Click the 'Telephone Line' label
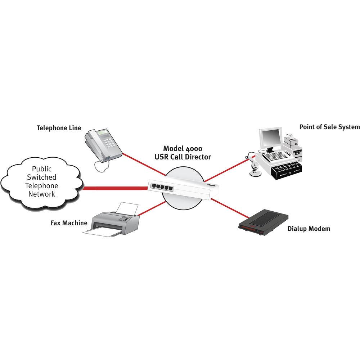coord(59,128)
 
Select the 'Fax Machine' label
coord(69,223)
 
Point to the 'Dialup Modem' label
coord(309,229)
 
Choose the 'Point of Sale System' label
coord(329,127)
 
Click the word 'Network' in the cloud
coord(42,194)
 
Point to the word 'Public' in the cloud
coord(42,168)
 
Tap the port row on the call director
coord(161,186)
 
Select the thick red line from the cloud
coord(115,188)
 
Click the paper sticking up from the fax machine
coord(128,208)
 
